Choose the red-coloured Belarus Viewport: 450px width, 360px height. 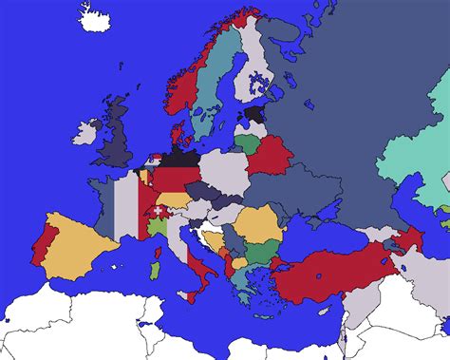pos(269,155)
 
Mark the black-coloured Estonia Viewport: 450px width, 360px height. pos(254,113)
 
